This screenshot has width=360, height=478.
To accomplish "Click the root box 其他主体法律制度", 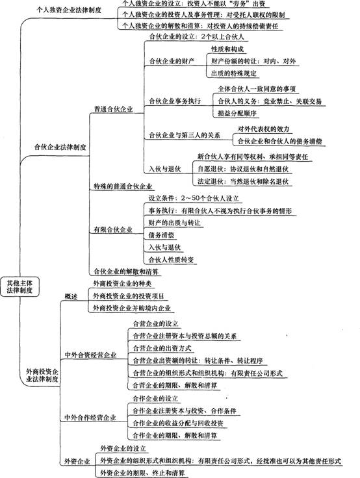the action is coord(20,286).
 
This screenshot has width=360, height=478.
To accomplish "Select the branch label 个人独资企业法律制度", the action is coord(69,10).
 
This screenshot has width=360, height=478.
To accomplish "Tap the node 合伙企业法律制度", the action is coord(60,147).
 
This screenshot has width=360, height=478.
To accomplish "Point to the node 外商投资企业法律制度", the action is coord(42,375).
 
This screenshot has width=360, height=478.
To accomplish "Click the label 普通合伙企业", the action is coord(113,109).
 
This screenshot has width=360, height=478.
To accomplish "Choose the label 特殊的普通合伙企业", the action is coord(123,186).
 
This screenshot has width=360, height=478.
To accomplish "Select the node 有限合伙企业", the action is coord(113,229).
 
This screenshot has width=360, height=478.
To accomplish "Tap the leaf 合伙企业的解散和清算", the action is coord(126,271).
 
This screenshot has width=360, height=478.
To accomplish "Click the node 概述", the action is coord(71,296).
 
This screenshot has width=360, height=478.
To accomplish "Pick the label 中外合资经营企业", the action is coord(90,355).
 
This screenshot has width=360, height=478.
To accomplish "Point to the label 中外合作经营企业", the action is coord(90,418).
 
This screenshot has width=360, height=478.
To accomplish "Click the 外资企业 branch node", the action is coord(77,461).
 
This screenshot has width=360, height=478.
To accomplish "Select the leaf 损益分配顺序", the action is coord(237,114).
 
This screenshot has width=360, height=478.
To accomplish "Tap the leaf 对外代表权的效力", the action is coord(263,129).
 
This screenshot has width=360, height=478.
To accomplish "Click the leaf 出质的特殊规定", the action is coord(234,73).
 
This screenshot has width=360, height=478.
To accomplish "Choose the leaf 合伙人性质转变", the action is coord(171,260).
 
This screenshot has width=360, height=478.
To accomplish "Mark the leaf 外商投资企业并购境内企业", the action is coord(132,308).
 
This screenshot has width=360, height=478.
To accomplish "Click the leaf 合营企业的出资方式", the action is coord(162,348).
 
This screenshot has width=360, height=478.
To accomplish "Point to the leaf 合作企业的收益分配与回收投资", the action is coord(178,423).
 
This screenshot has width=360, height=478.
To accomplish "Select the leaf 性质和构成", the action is coord(227,49).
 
